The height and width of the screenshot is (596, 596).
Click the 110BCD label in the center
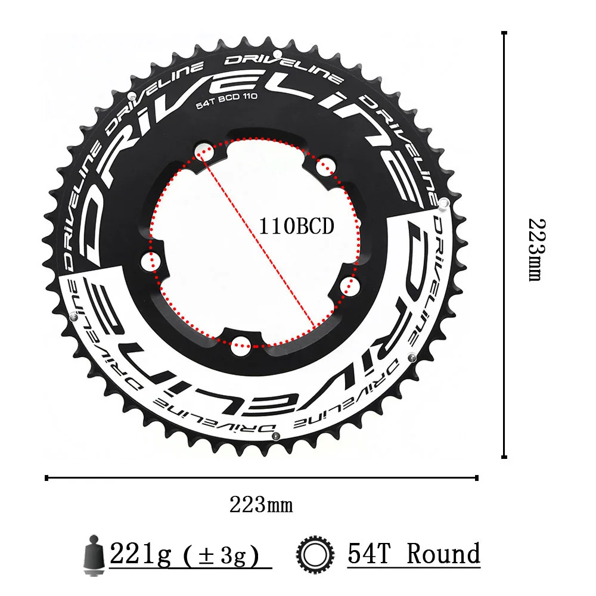point(296,226)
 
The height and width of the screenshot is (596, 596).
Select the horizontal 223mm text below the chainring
point(261,505)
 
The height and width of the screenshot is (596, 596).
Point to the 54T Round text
point(414,554)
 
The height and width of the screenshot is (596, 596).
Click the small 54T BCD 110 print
point(226,102)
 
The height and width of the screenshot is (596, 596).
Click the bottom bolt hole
point(241,343)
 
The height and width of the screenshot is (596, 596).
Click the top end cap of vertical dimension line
point(504,33)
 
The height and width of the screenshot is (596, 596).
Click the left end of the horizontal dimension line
point(47,477)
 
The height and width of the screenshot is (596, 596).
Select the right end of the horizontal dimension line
point(477,477)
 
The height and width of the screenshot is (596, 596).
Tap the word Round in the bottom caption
point(443,554)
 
